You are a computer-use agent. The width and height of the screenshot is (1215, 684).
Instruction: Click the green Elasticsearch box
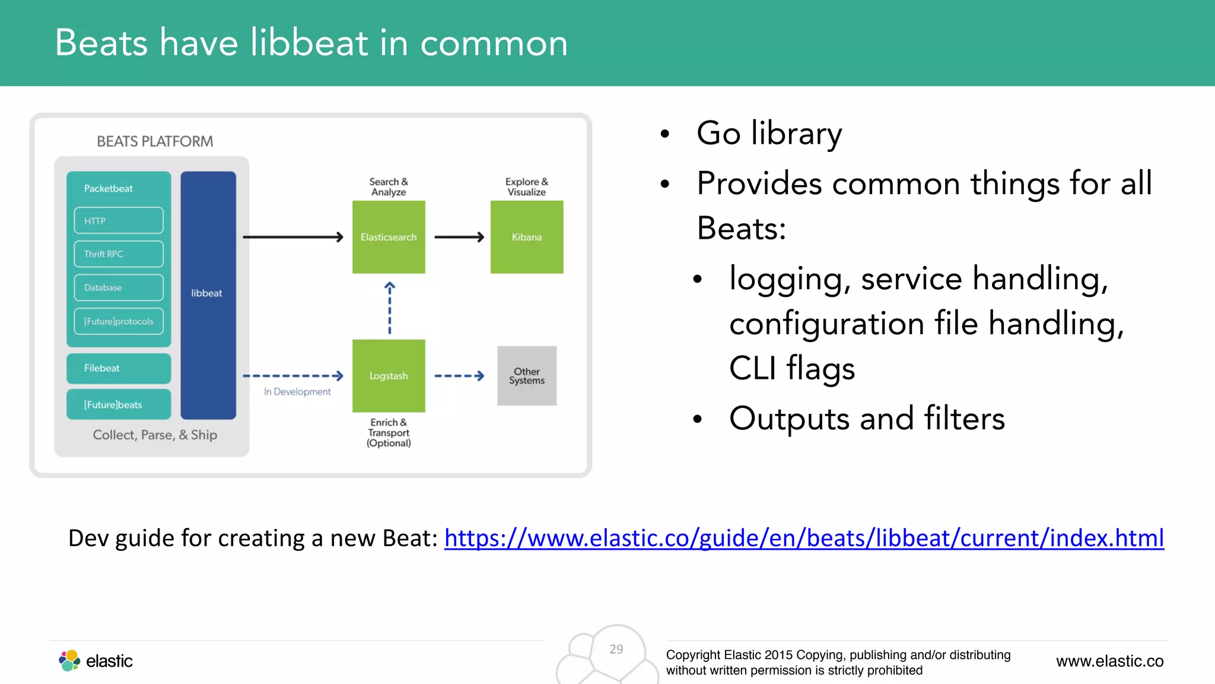(x=389, y=237)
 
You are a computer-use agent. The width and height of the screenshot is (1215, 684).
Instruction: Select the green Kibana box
(x=526, y=237)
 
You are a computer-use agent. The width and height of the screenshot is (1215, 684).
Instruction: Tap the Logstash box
(x=389, y=376)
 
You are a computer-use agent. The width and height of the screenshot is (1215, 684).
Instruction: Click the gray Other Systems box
(x=526, y=376)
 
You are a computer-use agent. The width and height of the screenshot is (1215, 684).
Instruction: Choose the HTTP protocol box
(x=119, y=220)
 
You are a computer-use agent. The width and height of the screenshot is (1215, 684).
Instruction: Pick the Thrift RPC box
(x=119, y=254)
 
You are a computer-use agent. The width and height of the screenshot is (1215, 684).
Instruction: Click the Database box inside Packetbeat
(x=119, y=287)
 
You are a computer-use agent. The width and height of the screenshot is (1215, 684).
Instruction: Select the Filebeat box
(x=119, y=368)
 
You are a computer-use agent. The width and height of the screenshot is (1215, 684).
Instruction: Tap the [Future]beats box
(x=119, y=404)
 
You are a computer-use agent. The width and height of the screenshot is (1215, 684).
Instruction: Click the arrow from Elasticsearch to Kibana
(x=459, y=237)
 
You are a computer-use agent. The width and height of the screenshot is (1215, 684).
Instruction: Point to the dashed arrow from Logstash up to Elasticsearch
(x=389, y=308)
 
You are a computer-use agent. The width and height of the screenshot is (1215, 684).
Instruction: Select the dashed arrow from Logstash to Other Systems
(x=459, y=376)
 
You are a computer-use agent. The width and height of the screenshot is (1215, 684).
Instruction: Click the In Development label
(x=297, y=392)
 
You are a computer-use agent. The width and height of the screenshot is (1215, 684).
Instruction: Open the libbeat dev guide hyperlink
(x=804, y=539)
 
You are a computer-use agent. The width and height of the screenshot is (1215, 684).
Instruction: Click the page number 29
(x=616, y=649)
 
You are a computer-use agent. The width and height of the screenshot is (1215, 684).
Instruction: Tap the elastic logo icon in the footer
(x=69, y=660)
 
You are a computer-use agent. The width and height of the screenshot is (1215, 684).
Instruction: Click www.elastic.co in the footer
(x=1109, y=661)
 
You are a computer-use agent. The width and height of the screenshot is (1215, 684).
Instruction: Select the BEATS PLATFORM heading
(x=155, y=141)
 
